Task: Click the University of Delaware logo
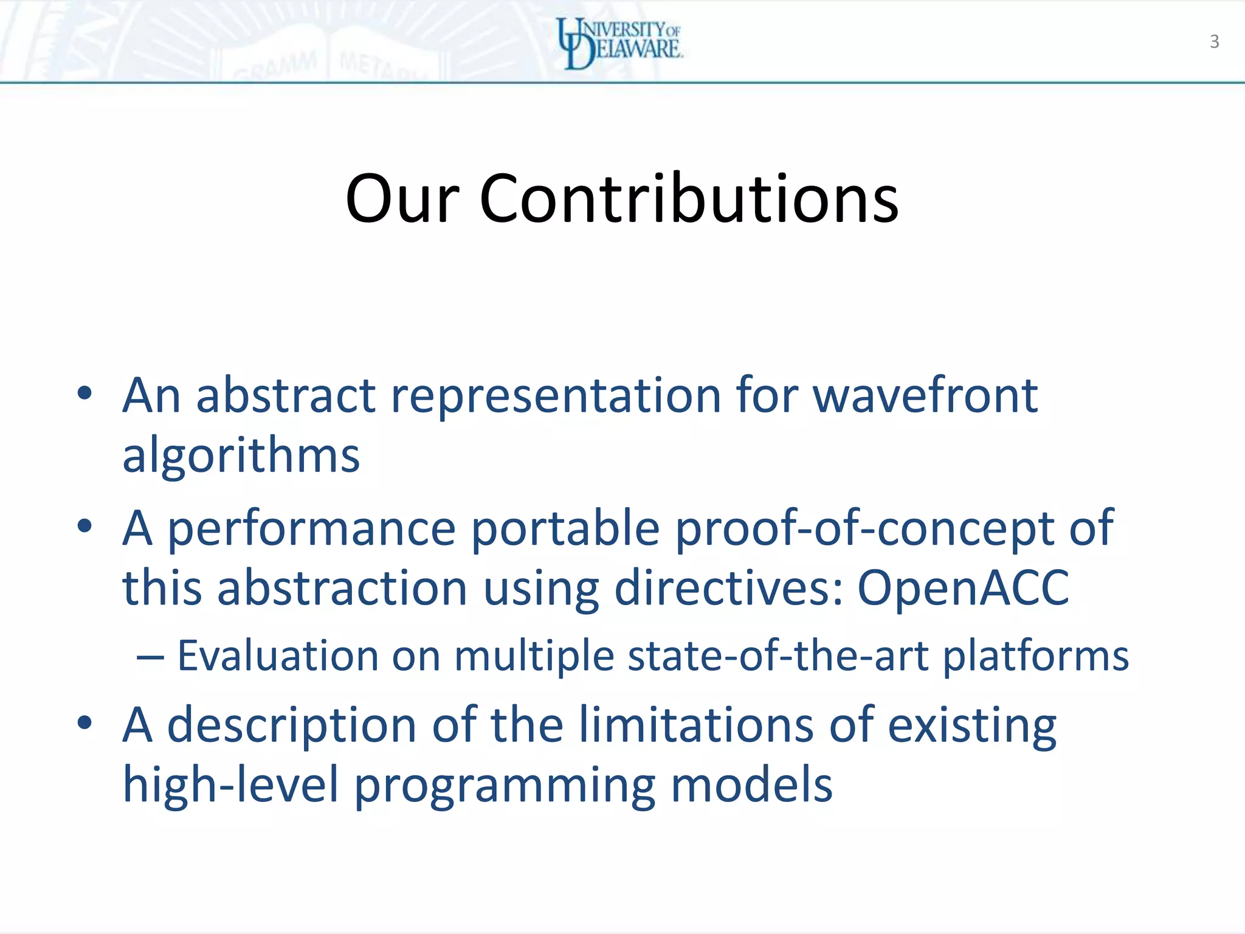(x=620, y=43)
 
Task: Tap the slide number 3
(x=1214, y=41)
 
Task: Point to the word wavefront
(x=925, y=395)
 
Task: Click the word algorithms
(x=241, y=455)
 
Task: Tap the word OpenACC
(x=963, y=587)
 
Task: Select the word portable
(x=565, y=528)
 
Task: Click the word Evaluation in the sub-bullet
(x=278, y=656)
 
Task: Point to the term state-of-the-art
(x=778, y=656)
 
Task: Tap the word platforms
(x=1035, y=657)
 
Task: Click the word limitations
(x=695, y=724)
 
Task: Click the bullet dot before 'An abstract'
(x=84, y=393)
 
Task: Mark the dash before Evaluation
(x=150, y=657)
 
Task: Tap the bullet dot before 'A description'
(x=84, y=722)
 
